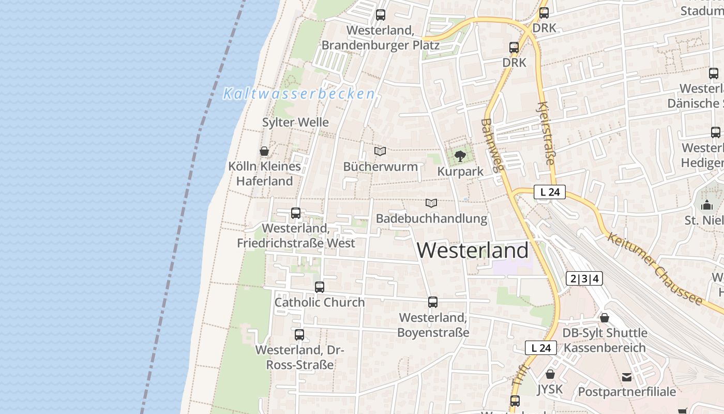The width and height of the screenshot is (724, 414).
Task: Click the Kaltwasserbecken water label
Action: [299, 94]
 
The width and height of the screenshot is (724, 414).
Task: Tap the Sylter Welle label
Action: [295, 123]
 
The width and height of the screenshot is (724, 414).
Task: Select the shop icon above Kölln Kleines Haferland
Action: [264, 151]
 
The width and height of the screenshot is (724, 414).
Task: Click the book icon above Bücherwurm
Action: [380, 151]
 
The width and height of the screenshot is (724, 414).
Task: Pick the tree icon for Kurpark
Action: [460, 156]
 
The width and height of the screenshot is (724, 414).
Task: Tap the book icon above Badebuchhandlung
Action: [431, 203]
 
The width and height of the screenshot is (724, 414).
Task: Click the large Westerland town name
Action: [473, 250]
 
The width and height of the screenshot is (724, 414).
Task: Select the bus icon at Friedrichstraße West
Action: [296, 213]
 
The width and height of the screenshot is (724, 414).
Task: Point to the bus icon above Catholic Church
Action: [320, 287]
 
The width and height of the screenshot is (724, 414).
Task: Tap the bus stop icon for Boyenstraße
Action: [433, 302]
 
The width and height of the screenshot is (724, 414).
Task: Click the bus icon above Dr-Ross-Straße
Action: [299, 334]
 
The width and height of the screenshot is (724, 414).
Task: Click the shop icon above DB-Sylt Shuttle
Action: [604, 317]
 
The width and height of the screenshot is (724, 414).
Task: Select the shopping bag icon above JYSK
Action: [550, 374]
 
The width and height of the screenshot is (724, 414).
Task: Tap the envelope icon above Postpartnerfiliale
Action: [627, 377]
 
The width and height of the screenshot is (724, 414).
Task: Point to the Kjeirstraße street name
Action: [546, 134]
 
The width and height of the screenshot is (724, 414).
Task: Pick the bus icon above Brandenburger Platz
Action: [381, 14]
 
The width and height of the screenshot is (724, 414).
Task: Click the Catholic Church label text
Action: [320, 302]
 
